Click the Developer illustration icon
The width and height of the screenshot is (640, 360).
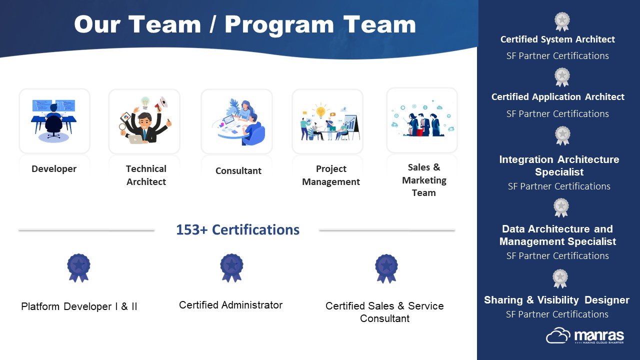point(53,121)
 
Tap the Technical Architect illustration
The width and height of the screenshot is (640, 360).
point(145,120)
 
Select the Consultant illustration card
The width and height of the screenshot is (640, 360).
point(237,121)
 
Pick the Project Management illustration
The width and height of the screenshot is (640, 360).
point(329,121)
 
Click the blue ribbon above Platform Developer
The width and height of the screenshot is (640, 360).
point(78,268)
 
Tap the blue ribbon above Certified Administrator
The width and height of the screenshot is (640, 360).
point(231,268)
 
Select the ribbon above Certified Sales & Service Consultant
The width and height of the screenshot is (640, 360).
point(386,268)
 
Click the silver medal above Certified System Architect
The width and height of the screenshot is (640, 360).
point(562,21)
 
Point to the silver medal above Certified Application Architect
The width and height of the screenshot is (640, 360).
point(562,77)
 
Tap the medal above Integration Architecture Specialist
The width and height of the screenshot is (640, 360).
point(562,135)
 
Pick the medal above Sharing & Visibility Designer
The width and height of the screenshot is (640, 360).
point(560,278)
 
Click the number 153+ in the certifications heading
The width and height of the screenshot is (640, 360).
point(191,229)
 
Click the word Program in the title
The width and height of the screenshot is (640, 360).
point(279,25)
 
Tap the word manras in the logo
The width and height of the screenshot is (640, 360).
point(599,335)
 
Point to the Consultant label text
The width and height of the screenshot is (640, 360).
point(238,171)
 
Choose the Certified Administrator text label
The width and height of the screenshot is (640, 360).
point(231,305)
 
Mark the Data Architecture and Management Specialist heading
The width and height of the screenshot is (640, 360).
point(557,235)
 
